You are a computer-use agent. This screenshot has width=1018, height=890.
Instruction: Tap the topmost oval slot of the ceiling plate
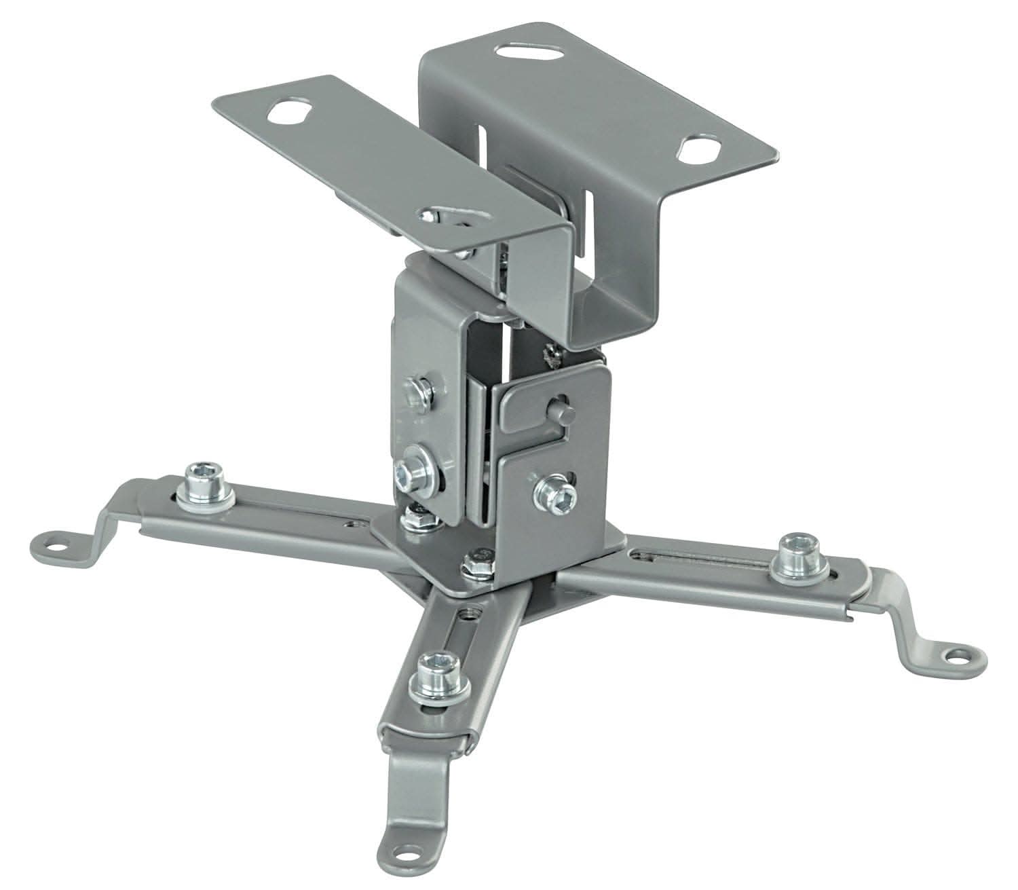click(531, 52)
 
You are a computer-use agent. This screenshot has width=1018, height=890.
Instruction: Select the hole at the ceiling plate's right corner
click(699, 148)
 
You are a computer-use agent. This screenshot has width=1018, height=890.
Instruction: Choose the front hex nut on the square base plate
click(480, 563)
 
